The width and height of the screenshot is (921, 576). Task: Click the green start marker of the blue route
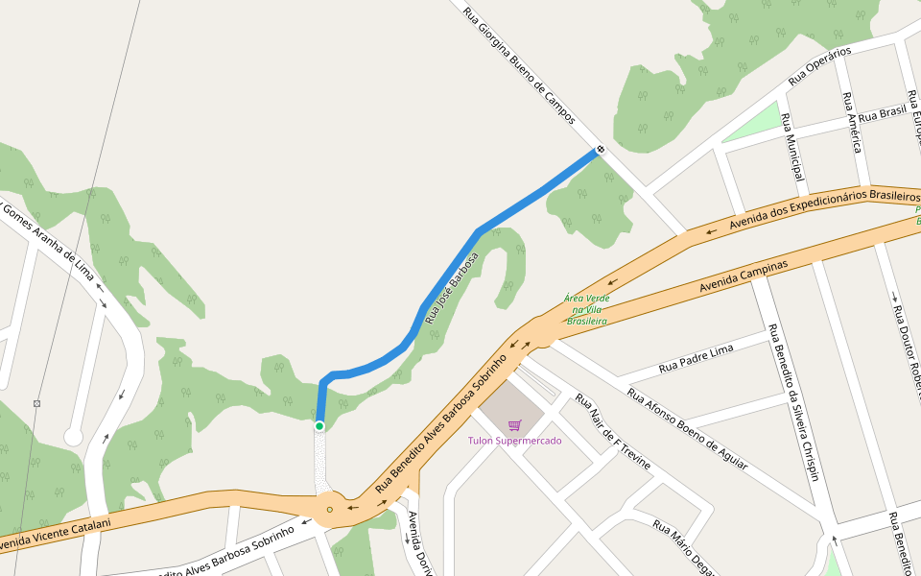[x=319, y=426]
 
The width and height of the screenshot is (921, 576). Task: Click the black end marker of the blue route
[x=601, y=150]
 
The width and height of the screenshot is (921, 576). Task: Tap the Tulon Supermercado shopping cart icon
[x=514, y=425]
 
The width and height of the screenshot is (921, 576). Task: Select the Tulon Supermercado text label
[x=514, y=441]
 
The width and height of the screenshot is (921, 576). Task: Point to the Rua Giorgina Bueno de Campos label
[x=518, y=67]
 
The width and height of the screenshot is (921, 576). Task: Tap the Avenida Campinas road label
[x=744, y=276]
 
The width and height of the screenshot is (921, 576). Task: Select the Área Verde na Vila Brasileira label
[x=587, y=309]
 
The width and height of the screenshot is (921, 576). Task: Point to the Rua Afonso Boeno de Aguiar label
[x=686, y=427]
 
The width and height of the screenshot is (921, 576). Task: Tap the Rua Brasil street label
[x=882, y=113]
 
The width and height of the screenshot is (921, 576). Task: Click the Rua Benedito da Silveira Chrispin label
[x=793, y=402]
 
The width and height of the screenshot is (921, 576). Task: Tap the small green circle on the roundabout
[x=329, y=509]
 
